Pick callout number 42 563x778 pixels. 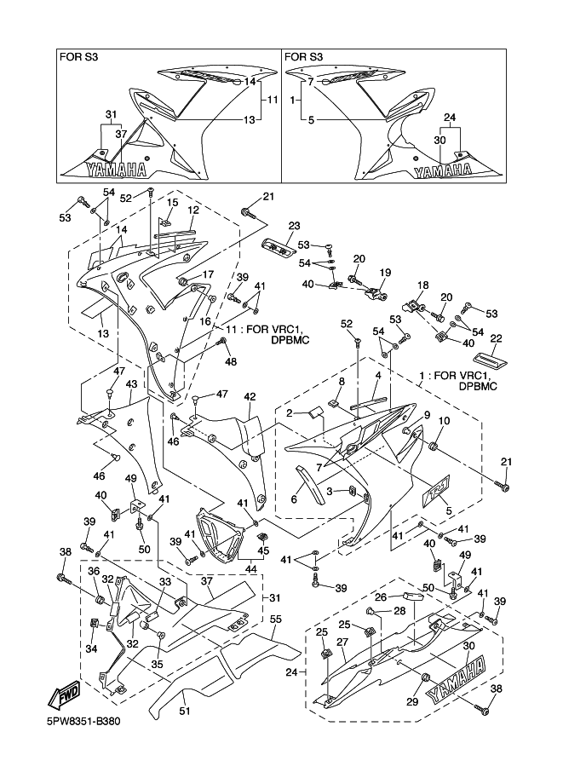pyautogui.click(x=250, y=396)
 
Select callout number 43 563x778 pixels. pyautogui.click(x=131, y=384)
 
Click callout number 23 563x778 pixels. pyautogui.click(x=295, y=226)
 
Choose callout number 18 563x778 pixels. pyautogui.click(x=422, y=285)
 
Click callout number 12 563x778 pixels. pyautogui.click(x=193, y=210)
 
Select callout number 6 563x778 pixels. pyautogui.click(x=294, y=499)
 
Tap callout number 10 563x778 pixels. pyautogui.click(x=444, y=421)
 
